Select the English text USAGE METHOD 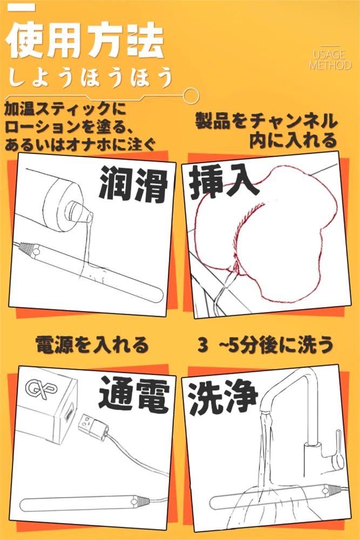click(330, 60)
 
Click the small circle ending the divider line click(191, 96)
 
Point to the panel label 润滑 click(133, 185)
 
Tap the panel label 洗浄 click(223, 397)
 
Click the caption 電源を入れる click(92, 345)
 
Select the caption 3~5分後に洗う click(266, 345)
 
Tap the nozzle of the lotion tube click(80, 211)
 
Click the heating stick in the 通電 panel click(86, 505)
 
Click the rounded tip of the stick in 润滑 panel click(157, 295)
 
